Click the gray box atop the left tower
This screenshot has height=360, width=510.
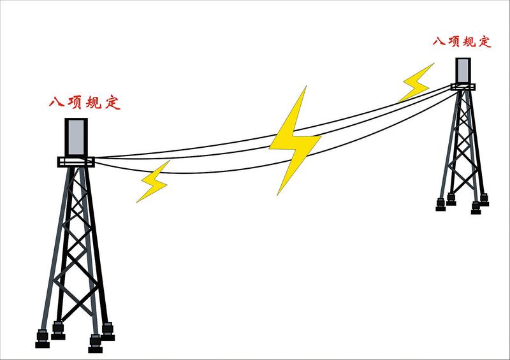(76, 136)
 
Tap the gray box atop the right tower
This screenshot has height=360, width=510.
(463, 71)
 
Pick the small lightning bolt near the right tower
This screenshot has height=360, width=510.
(416, 82)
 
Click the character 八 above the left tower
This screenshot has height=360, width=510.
(56, 103)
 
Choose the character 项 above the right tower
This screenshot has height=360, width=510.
(456, 41)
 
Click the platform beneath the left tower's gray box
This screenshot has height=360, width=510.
(76, 162)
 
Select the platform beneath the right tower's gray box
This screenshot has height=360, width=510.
(463, 86)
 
